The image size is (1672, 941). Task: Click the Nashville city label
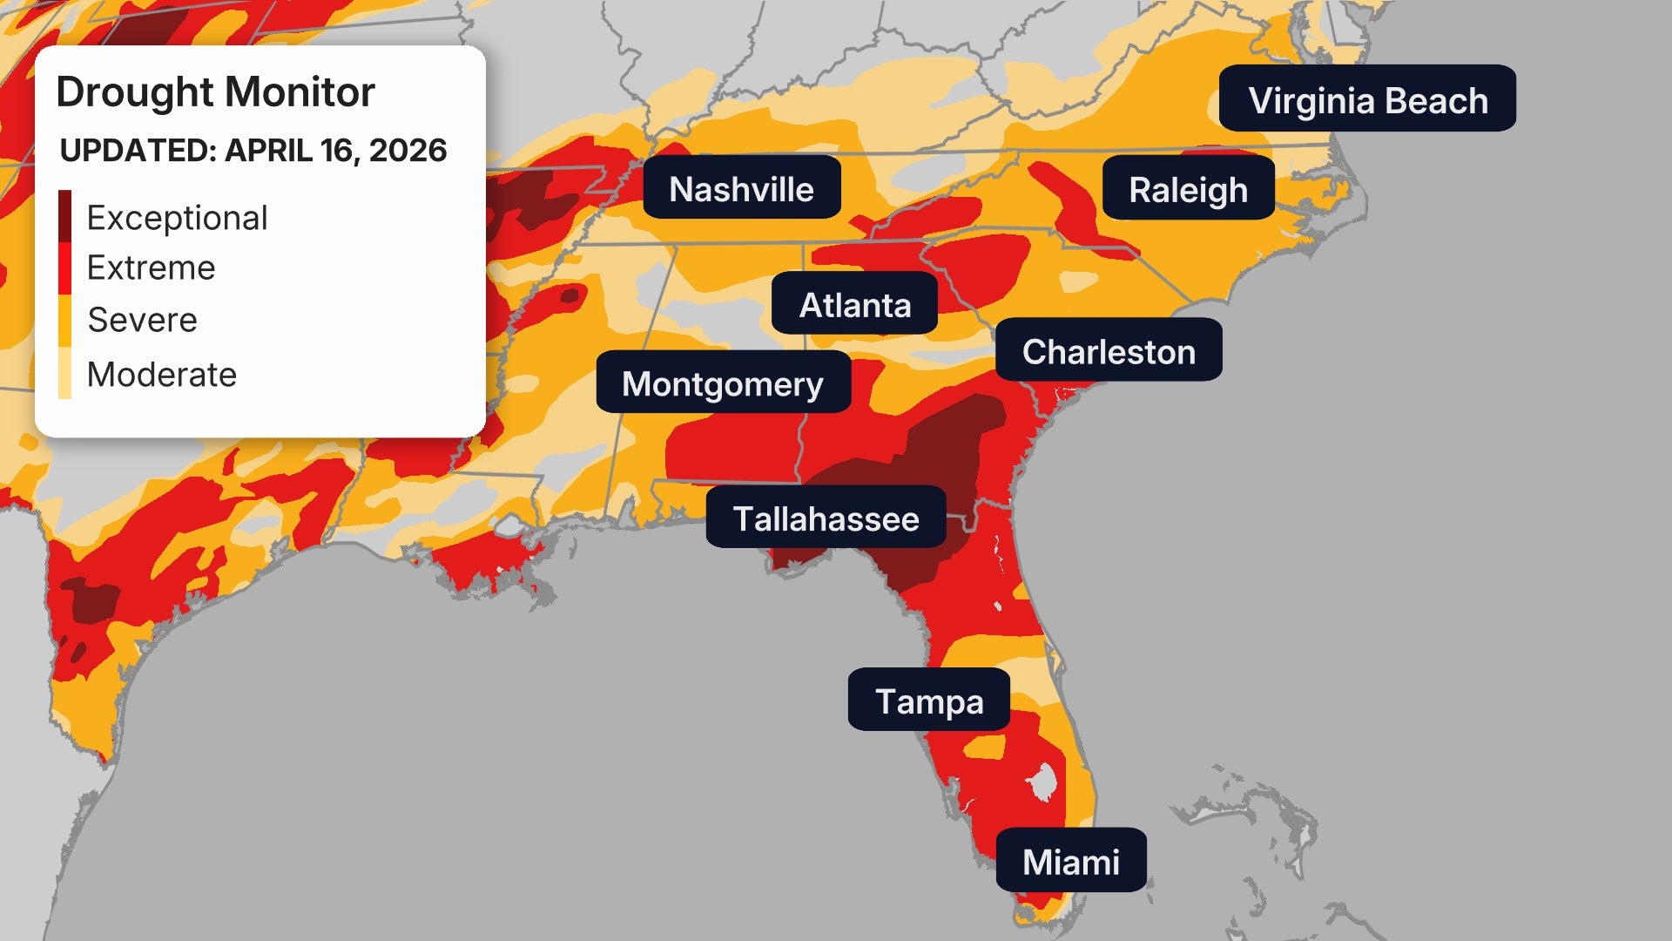[741, 188]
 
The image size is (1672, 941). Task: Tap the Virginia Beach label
[1367, 99]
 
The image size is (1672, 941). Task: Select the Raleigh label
[1188, 189]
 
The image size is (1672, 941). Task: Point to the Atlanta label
[854, 304]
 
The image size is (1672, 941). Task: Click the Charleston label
[1108, 350]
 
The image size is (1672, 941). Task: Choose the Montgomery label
[723, 383]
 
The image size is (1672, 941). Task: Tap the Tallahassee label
[826, 518]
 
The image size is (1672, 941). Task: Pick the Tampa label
[928, 701]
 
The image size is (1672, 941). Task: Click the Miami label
[1070, 861]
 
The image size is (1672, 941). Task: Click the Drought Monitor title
[215, 92]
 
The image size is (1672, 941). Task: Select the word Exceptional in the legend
[177, 218]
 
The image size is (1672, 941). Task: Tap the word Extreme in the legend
[151, 267]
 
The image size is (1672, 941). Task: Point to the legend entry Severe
[142, 320]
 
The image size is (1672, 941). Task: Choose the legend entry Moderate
[161, 375]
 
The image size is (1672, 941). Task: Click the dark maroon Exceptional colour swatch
[65, 216]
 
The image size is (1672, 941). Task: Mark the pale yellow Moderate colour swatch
[65, 373]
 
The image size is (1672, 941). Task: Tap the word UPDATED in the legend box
[137, 151]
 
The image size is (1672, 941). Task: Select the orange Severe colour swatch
[65, 321]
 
